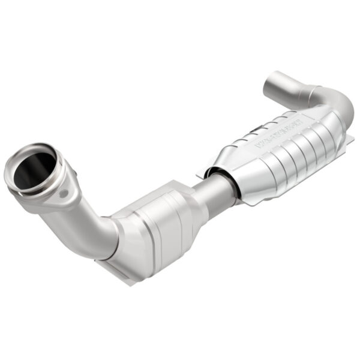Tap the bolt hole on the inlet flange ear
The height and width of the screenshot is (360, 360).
coord(62,193)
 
